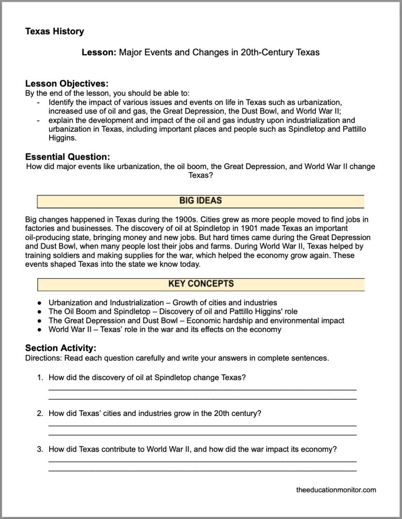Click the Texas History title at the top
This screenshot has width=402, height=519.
(x=55, y=32)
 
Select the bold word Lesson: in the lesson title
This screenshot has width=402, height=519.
(x=99, y=53)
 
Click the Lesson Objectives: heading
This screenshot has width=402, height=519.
(x=67, y=84)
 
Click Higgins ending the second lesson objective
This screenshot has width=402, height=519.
(x=62, y=138)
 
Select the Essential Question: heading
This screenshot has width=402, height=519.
(x=68, y=157)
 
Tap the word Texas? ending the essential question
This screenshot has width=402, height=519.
(x=201, y=175)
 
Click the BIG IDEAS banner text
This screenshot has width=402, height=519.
(x=201, y=201)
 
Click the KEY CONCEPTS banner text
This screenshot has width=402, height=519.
(x=201, y=284)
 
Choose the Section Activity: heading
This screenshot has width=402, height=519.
(x=61, y=348)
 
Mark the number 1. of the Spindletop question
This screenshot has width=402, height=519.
(x=40, y=377)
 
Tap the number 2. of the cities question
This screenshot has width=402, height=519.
(x=40, y=413)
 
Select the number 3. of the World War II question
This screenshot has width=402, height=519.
(x=40, y=449)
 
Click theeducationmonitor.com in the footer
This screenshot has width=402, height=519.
(x=336, y=489)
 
